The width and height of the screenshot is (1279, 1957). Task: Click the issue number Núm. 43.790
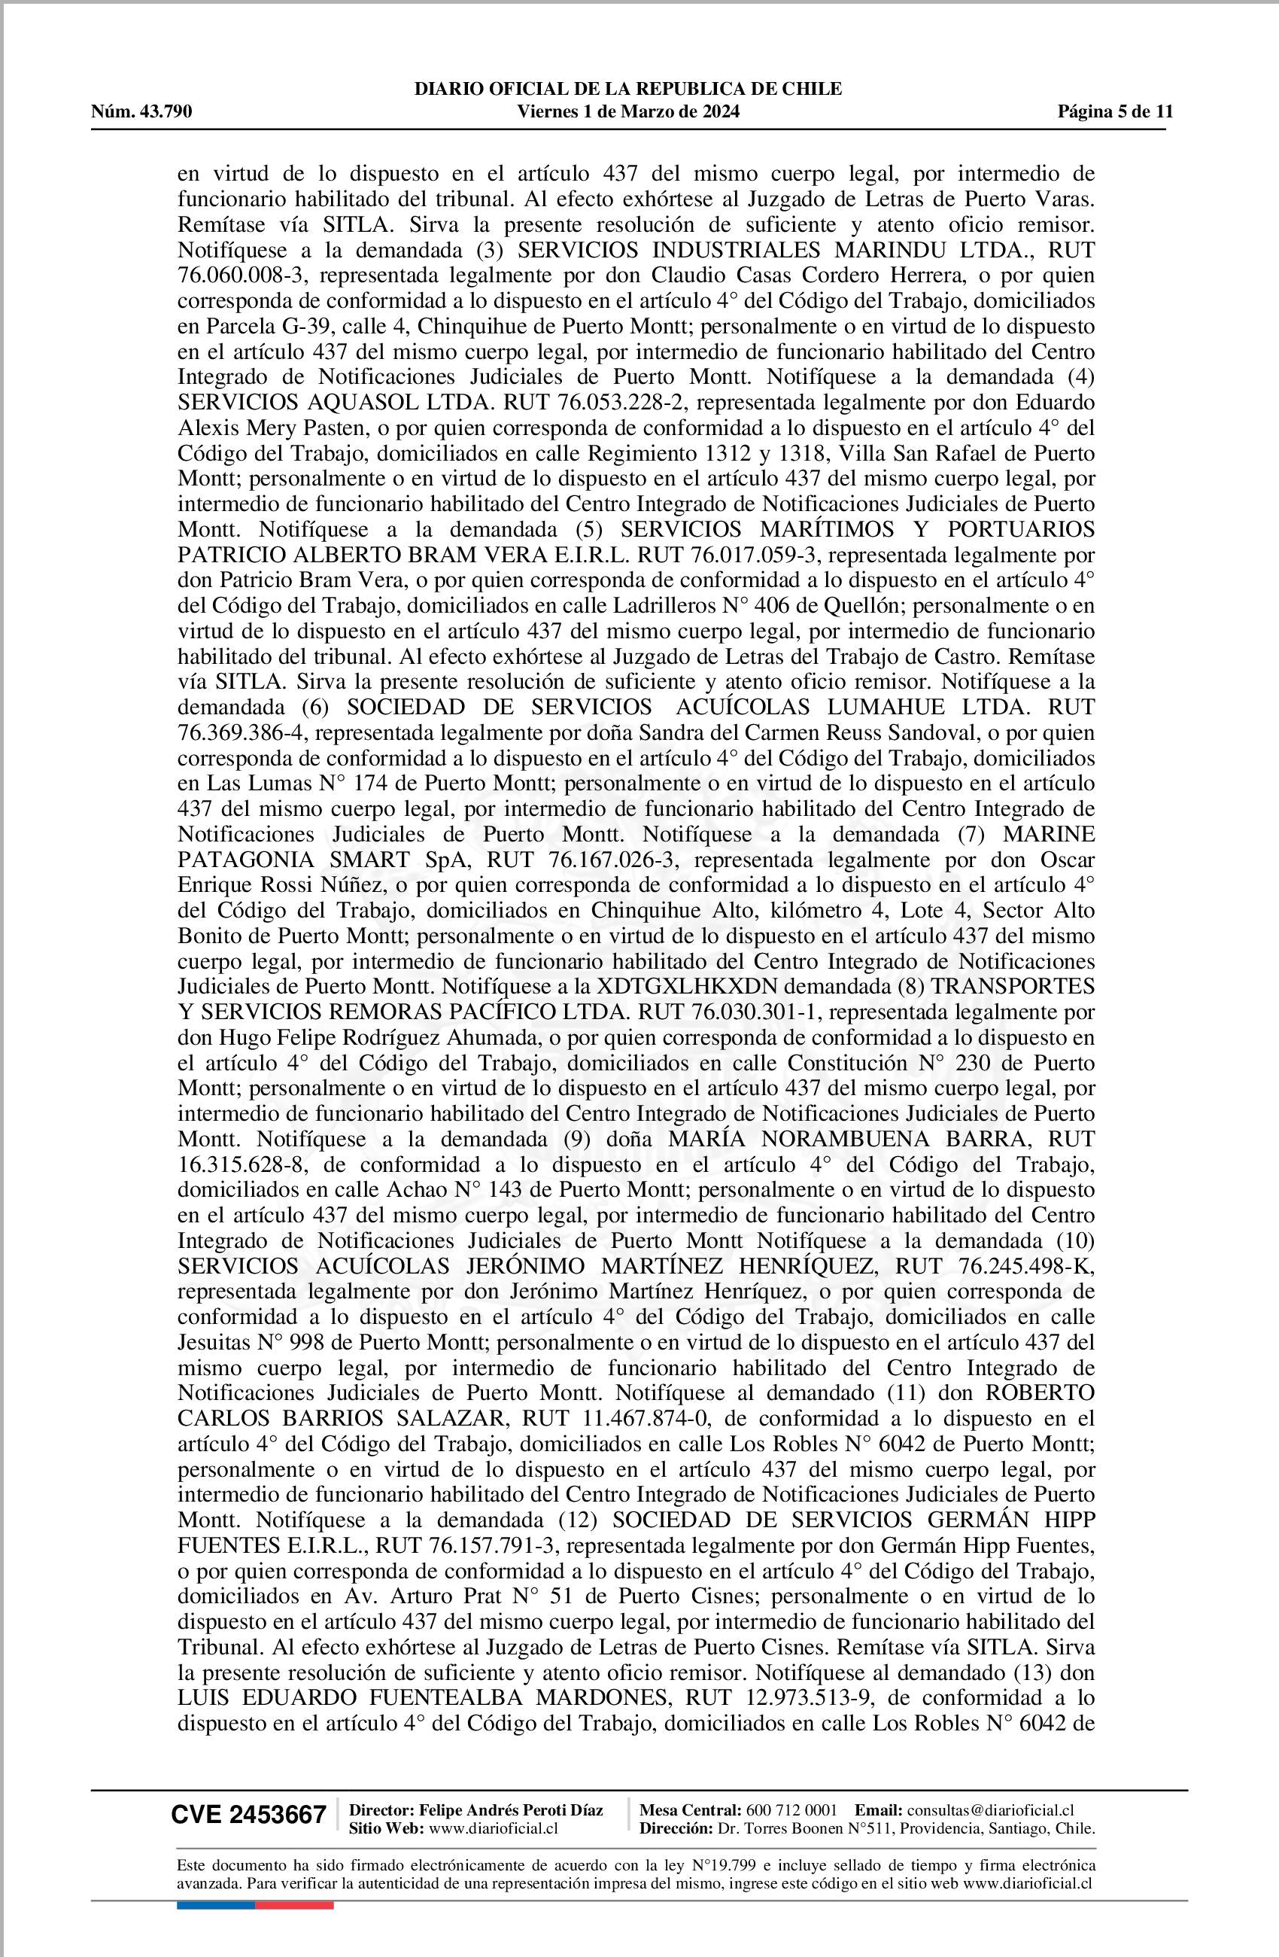coord(141,112)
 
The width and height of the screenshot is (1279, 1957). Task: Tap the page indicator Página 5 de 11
coord(1116,112)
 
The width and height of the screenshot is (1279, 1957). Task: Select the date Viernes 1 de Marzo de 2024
coord(628,112)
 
